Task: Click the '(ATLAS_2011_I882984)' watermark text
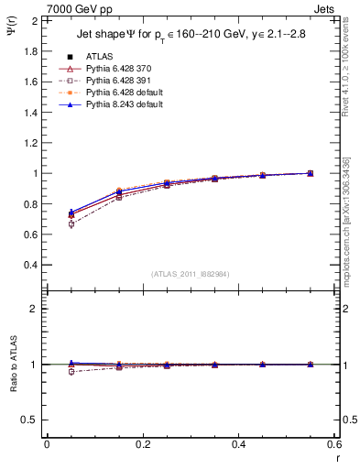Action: point(191,274)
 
